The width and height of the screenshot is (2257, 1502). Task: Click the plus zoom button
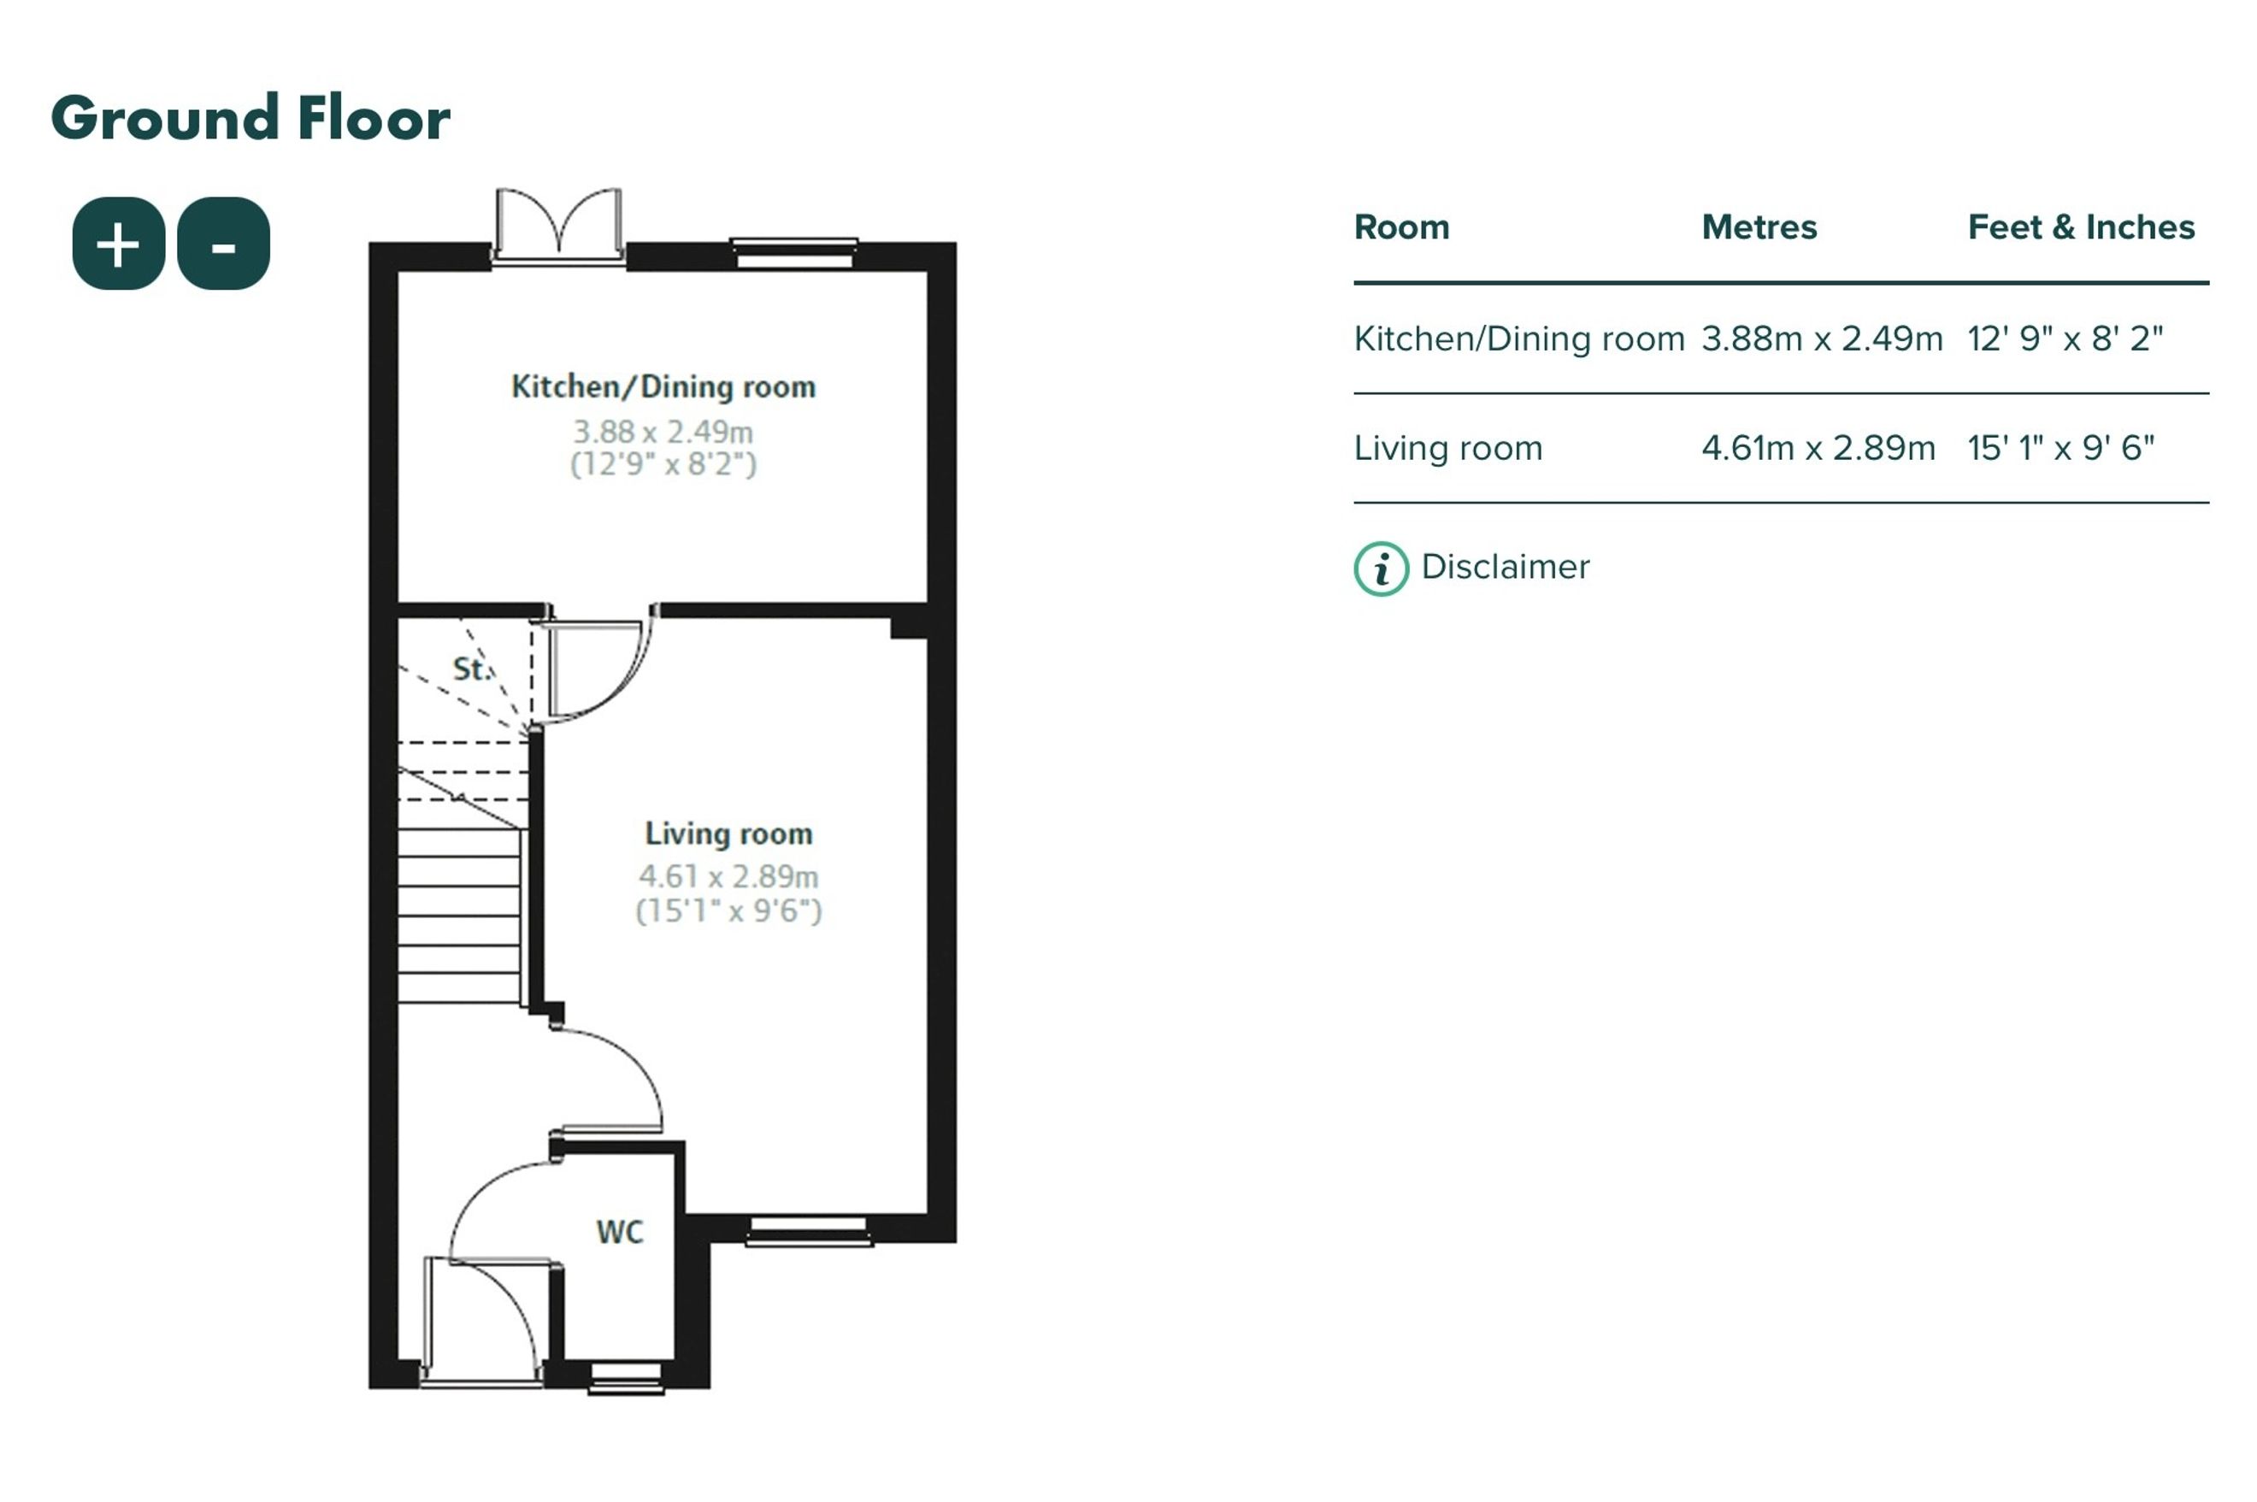pos(119,244)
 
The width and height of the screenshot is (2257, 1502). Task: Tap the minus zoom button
pos(223,244)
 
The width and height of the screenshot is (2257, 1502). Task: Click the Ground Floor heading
pos(250,119)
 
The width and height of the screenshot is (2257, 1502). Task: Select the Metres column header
pos(1759,227)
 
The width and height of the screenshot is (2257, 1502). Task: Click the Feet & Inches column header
pos(2081,227)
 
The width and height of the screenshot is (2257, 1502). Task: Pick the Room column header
pos(1401,227)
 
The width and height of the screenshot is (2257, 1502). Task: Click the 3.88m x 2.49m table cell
pos(1822,339)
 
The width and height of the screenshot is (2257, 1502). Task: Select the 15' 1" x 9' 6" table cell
pos(2060,447)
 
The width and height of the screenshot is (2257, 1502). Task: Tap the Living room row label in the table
pos(1447,448)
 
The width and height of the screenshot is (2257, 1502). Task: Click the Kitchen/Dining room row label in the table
pos(1518,339)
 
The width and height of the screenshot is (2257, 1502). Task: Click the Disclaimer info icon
pos(1381,569)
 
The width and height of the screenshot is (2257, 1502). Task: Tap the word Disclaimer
pos(1505,567)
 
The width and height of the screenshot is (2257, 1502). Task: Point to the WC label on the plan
pos(620,1232)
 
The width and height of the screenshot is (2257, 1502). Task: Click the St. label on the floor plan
pos(470,669)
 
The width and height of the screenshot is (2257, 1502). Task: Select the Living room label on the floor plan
pos(729,834)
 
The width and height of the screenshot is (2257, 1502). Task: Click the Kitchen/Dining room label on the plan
pos(663,387)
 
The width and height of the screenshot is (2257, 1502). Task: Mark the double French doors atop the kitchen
pos(558,226)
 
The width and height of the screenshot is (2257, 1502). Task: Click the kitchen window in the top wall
pos(794,254)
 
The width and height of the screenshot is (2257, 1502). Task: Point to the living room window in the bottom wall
pos(810,1230)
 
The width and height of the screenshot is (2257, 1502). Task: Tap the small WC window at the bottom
pos(626,1377)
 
